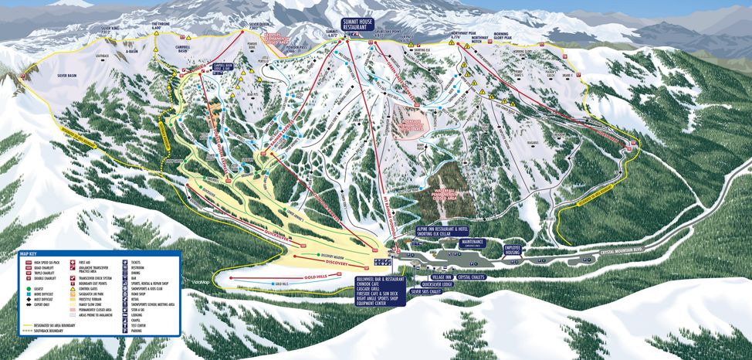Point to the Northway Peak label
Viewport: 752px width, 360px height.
(462, 36)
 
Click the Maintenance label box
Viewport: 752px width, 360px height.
(473, 243)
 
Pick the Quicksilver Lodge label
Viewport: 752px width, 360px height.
(438, 284)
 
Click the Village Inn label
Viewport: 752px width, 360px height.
(442, 276)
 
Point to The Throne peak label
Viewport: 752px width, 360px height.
(161, 25)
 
